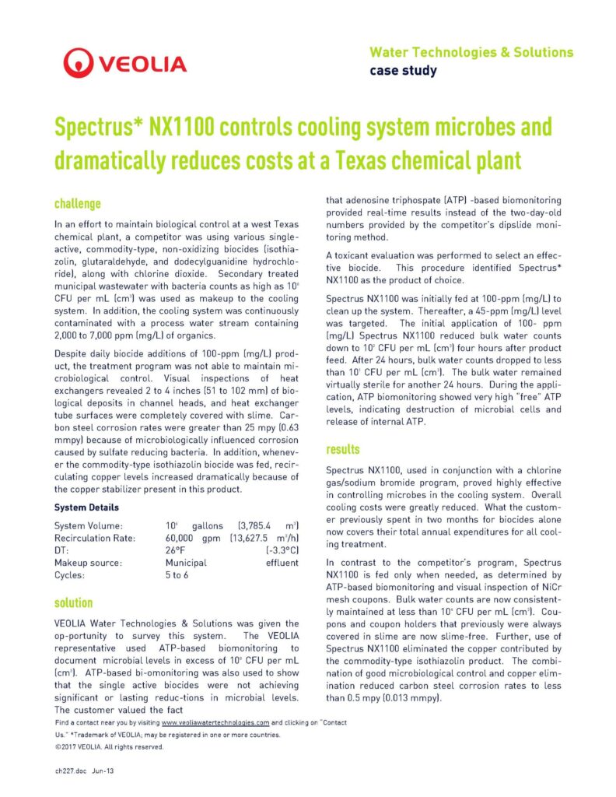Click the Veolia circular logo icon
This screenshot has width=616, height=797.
point(79,62)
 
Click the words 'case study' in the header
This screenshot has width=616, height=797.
point(402,71)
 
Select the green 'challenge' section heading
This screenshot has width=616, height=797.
point(77,204)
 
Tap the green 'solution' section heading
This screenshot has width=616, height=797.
point(74,602)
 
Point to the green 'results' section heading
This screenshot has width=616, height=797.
point(343,449)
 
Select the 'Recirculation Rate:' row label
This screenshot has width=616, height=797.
point(95,538)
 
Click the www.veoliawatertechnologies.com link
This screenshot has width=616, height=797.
point(215,723)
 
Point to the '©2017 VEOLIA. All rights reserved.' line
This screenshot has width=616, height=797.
point(109,746)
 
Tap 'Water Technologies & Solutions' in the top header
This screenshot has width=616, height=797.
point(471,53)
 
